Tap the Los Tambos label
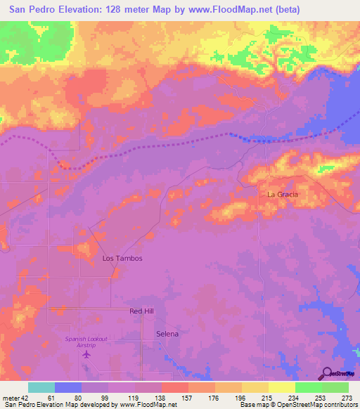(x=122, y=259)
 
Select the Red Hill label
(x=141, y=311)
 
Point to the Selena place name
(x=167, y=334)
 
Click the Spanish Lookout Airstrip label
(x=86, y=342)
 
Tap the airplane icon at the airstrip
(x=86, y=354)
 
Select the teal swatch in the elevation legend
(x=41, y=387)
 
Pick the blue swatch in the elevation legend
(x=68, y=387)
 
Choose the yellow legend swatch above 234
(x=282, y=387)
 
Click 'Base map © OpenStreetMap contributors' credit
(x=297, y=405)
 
